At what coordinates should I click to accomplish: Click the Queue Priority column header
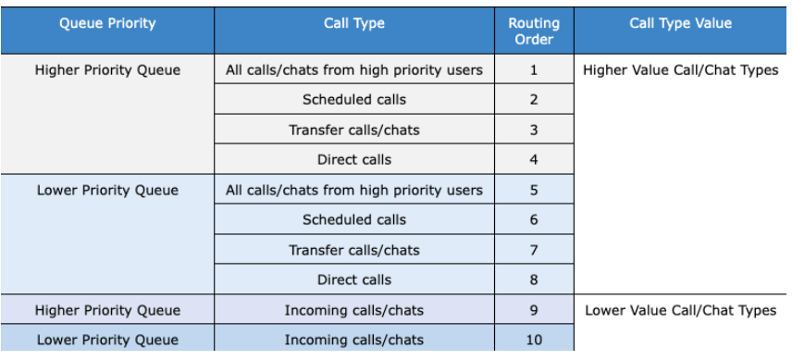[107, 24]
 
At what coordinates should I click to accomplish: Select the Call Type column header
[354, 24]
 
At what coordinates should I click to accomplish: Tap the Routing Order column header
[534, 31]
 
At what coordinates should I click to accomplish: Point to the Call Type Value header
[680, 24]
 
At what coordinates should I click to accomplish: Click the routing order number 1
[534, 70]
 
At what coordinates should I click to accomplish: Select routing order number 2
[534, 100]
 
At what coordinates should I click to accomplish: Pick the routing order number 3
[534, 130]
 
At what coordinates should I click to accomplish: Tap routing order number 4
[534, 159]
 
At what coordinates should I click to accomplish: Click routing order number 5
[534, 191]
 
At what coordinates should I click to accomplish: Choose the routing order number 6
[534, 220]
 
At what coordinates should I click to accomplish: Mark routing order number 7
[534, 250]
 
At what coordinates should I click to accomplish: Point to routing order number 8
[534, 279]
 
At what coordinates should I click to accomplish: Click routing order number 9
[534, 310]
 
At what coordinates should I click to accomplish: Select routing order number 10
[534, 340]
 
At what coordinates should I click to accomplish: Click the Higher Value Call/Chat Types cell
[680, 70]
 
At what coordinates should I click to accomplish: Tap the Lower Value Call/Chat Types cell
[680, 310]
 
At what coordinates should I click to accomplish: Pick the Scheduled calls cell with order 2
[354, 100]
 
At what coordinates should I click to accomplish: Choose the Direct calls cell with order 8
[354, 279]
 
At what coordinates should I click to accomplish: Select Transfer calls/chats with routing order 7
[354, 250]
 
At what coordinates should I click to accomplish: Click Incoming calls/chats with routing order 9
[354, 310]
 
